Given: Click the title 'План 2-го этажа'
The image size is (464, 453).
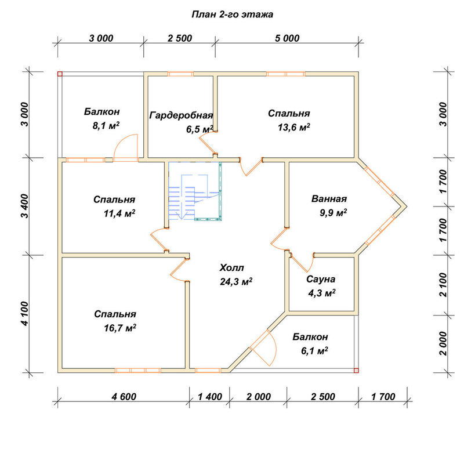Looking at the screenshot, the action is (x=233, y=15).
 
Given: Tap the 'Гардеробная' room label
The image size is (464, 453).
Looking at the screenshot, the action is (x=181, y=115).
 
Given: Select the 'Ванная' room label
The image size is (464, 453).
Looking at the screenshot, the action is (x=329, y=199).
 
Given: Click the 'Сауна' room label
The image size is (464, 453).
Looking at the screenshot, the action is (x=321, y=279).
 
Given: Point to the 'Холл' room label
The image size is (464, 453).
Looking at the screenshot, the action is (x=231, y=268).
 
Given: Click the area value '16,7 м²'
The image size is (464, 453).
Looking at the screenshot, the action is (x=120, y=328).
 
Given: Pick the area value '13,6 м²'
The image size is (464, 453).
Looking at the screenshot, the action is (x=294, y=127).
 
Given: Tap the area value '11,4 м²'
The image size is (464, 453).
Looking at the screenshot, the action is (x=119, y=213).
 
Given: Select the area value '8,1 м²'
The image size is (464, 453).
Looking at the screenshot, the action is (x=106, y=126).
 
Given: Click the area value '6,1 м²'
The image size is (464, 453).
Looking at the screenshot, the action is (x=314, y=351).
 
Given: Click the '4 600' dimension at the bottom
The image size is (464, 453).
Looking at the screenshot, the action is (x=124, y=397).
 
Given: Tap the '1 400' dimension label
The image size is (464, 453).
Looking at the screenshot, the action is (x=210, y=397).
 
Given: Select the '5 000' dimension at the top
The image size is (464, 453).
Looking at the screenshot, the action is (x=287, y=38).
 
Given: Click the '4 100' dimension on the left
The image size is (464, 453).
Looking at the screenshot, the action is (x=26, y=314).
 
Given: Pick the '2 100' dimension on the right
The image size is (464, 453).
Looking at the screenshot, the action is (x=443, y=285).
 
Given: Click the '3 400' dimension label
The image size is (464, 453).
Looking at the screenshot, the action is (x=26, y=206).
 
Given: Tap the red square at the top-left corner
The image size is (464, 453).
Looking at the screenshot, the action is (x=60, y=74).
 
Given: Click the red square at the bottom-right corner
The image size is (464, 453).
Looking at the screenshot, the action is (x=356, y=371).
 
